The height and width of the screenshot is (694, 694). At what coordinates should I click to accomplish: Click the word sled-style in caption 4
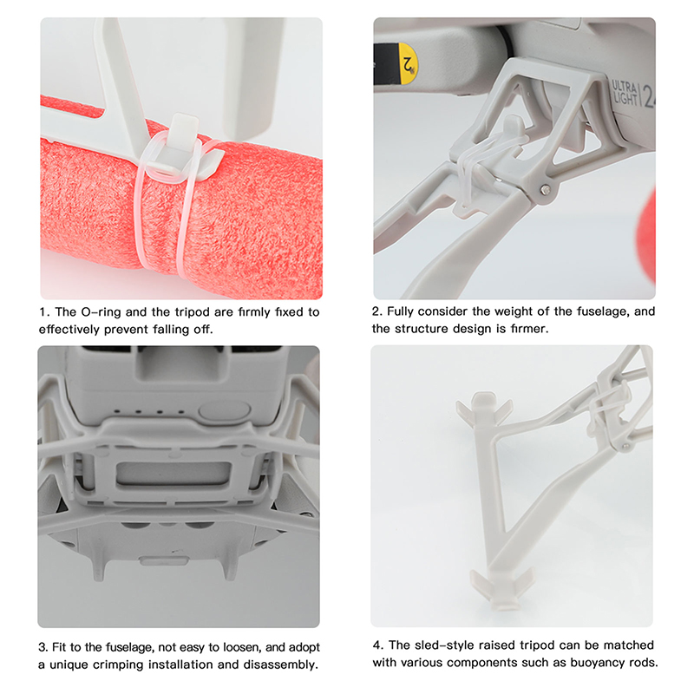point(447,645)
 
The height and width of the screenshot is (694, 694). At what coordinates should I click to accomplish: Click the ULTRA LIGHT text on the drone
point(625,93)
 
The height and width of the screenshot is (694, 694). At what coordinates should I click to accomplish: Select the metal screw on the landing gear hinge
point(546,190)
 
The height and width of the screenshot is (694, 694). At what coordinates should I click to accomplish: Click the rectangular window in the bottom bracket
point(173,474)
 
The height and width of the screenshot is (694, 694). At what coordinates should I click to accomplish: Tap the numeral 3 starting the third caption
point(43,647)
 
